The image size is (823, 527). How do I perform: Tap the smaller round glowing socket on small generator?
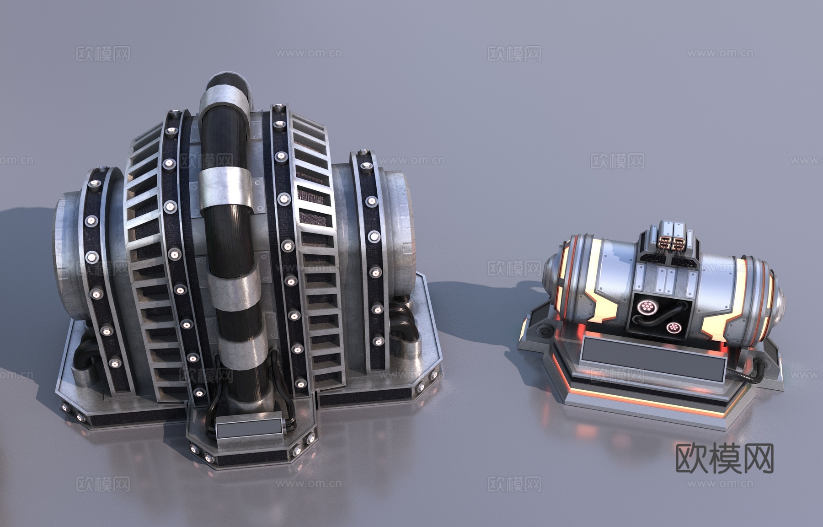pyautogui.click(x=672, y=328)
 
